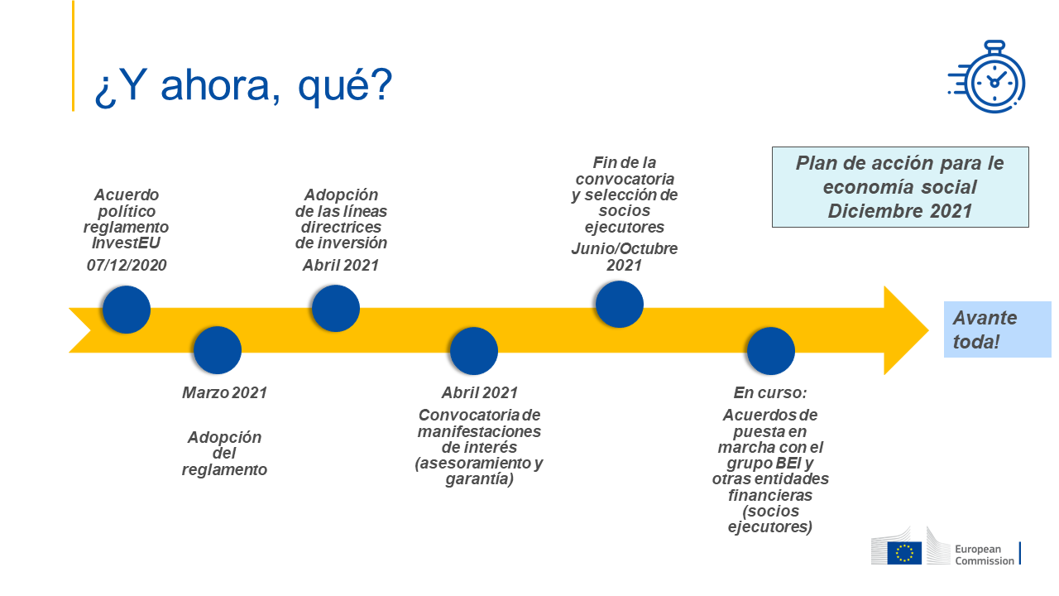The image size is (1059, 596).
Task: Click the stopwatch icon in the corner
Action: pos(987,77)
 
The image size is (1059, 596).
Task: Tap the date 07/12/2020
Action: pos(127,266)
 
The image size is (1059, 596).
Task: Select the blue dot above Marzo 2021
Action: pos(218,350)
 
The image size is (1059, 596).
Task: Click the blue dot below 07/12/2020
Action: pos(127,310)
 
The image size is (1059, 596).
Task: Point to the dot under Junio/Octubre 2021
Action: pos(620,304)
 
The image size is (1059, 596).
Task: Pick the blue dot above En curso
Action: pos(770,350)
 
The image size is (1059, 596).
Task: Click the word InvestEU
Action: pos(127,243)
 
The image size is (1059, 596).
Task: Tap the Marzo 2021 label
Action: pos(224,392)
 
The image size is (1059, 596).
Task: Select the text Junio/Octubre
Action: pos(625,249)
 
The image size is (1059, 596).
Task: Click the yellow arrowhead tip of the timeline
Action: pos(928,330)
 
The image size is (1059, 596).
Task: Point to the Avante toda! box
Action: pos(998,329)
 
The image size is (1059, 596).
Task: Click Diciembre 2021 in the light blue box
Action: pos(900,211)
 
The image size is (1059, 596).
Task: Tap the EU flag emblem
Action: pos(904,553)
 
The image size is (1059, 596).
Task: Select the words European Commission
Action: pos(985,555)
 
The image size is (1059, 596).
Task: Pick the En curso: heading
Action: pos(770,392)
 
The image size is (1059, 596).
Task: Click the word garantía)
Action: pos(479,479)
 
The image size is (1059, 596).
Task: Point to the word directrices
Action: pos(341,227)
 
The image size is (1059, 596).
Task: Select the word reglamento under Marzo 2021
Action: pos(224,469)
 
